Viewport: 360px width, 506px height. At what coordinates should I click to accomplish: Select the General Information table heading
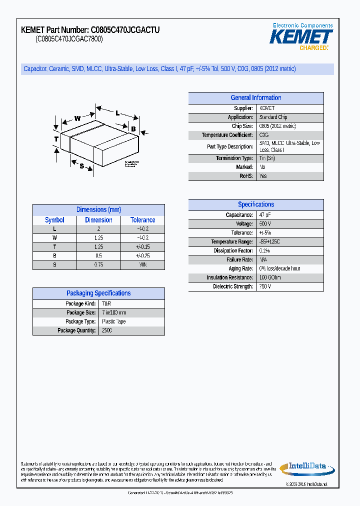[x=255, y=98]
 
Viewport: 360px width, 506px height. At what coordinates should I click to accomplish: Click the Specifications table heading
[x=255, y=204]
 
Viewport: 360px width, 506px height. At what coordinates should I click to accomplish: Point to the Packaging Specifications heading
[x=98, y=293]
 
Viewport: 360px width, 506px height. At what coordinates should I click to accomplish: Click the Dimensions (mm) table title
[x=98, y=210]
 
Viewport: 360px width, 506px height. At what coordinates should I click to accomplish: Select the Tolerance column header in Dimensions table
[x=142, y=220]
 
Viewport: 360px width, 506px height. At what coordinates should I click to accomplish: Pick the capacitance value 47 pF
[x=265, y=215]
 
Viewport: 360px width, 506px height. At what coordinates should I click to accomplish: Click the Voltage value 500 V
[x=265, y=224]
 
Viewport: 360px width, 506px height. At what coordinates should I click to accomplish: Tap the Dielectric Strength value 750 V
[x=265, y=286]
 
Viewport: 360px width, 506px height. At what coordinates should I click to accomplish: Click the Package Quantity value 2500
[x=107, y=330]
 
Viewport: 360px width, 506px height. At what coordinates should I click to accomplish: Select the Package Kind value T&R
[x=106, y=303]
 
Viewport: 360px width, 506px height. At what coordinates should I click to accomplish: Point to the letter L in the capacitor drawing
[x=117, y=113]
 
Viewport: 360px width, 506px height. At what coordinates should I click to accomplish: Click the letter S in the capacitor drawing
[x=81, y=166]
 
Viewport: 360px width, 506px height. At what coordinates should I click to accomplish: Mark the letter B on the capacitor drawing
[x=133, y=129]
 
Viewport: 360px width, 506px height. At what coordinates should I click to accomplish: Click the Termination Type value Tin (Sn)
[x=267, y=158]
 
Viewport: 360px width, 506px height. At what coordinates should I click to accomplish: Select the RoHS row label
[x=246, y=176]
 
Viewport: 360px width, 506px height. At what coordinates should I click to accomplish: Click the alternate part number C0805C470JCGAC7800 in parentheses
[x=69, y=39]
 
